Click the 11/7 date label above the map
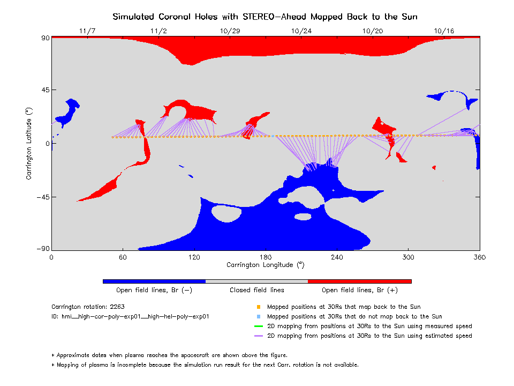tap(87, 31)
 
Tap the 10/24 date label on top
tap(301, 31)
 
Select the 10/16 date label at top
tap(444, 31)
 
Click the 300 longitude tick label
tap(409, 257)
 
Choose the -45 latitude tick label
tap(42, 197)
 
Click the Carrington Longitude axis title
tap(266, 265)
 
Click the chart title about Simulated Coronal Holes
tap(265, 17)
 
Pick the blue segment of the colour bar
tap(154, 281)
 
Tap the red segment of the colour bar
tap(359, 281)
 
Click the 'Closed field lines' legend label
tap(257, 290)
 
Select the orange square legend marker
tap(259, 307)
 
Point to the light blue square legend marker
tap(259, 317)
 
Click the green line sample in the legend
tap(259, 326)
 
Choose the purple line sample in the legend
tap(259, 336)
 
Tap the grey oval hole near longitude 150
tap(227, 213)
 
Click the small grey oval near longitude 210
tap(303, 217)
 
